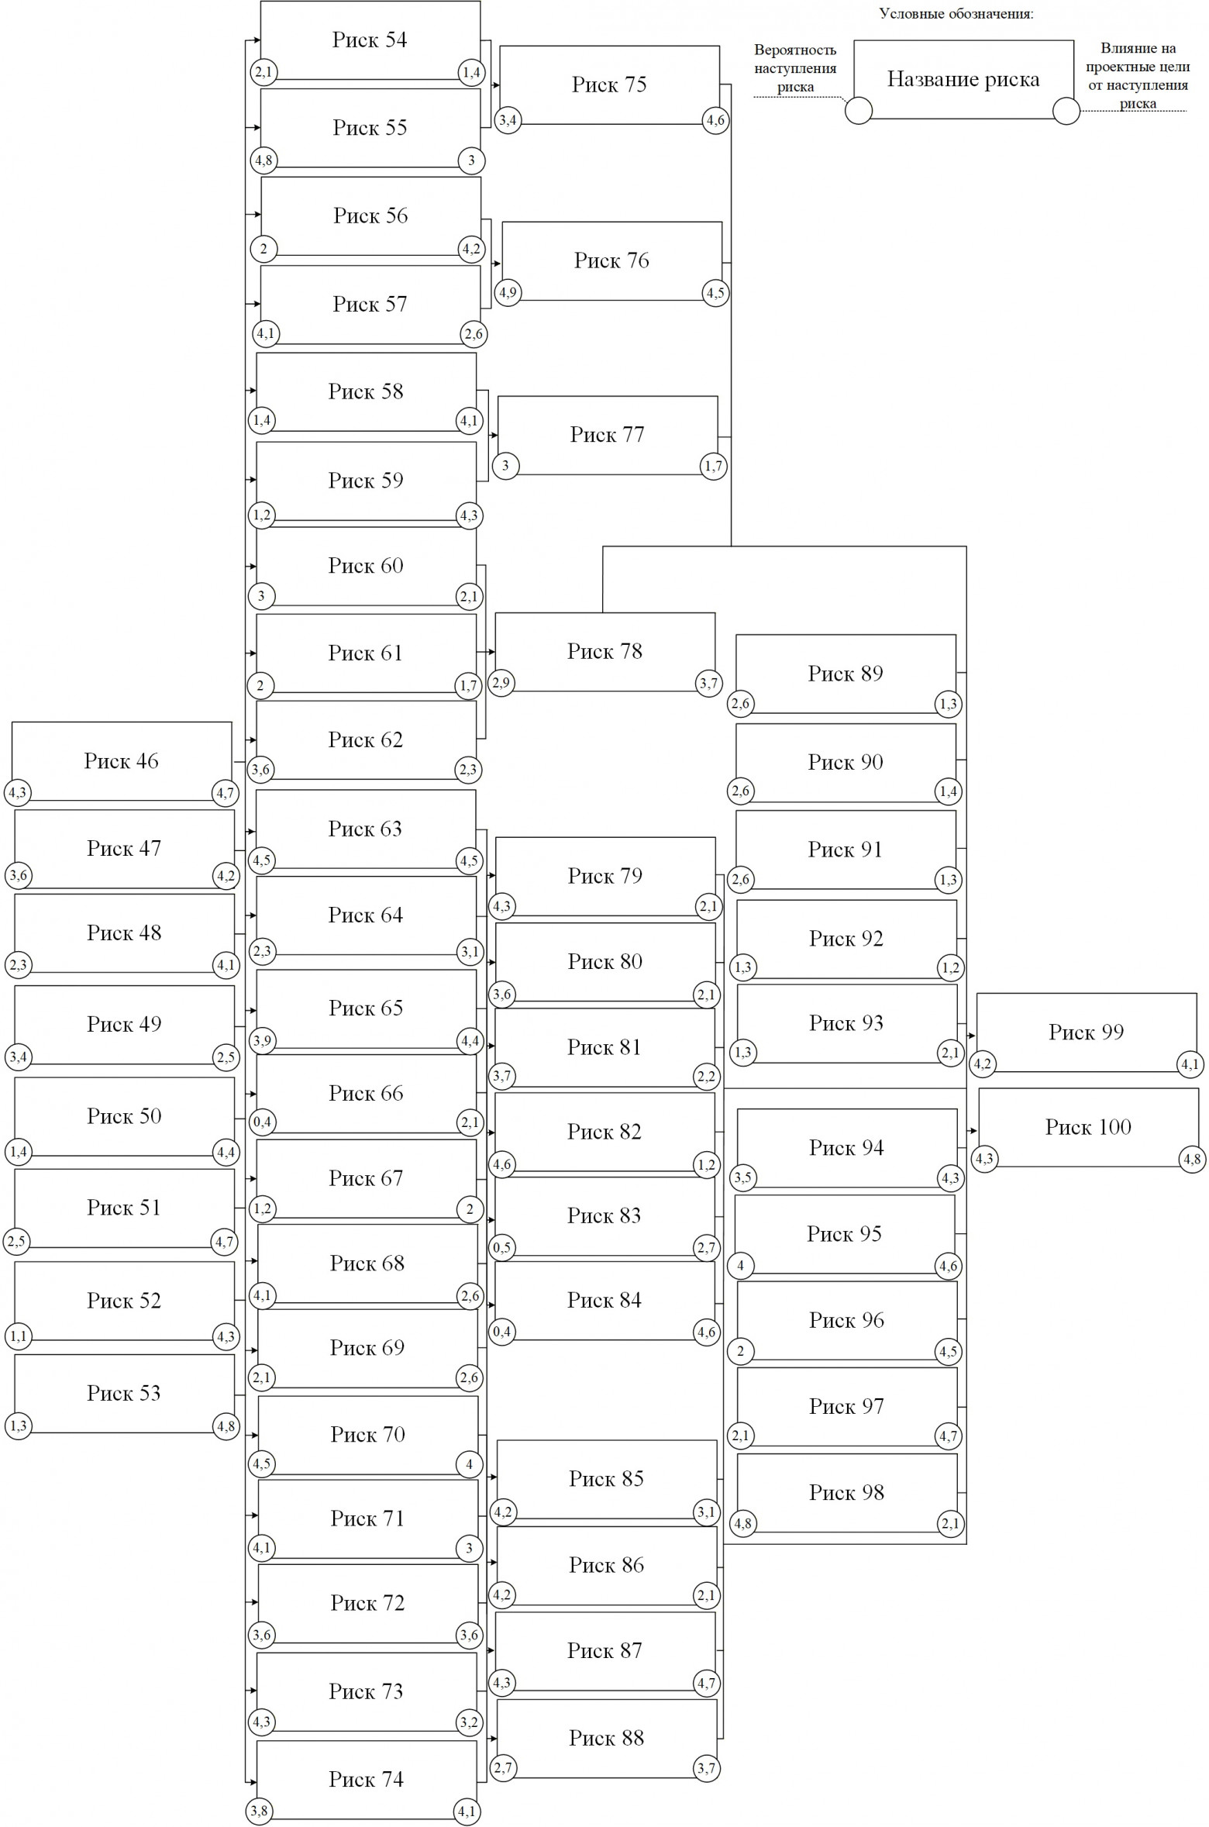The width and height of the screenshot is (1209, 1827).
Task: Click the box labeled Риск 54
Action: (370, 40)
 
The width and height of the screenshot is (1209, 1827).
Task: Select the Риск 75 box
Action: (609, 84)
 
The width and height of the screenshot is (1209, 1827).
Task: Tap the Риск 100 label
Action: (1088, 1126)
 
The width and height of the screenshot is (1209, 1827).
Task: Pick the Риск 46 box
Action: (122, 760)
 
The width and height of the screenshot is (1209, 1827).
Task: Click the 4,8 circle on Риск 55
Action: (263, 161)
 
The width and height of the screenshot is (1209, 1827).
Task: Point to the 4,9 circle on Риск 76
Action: (508, 293)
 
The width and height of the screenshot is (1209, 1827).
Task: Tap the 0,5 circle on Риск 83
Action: (502, 1248)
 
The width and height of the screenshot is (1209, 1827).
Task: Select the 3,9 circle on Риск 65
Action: (263, 1041)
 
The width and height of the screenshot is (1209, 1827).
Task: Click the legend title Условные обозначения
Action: (956, 14)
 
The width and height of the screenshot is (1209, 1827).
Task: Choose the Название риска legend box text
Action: (963, 79)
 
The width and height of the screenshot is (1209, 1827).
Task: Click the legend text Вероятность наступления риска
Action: (795, 68)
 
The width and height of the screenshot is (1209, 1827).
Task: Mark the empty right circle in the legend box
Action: (1066, 111)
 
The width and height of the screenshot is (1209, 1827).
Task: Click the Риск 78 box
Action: (604, 651)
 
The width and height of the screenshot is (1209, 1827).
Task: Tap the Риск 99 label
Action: (1086, 1032)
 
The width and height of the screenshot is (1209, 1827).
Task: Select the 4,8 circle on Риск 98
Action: (742, 1523)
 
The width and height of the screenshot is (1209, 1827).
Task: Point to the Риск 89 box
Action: (846, 673)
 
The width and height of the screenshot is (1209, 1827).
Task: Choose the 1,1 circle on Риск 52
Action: (19, 1336)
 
